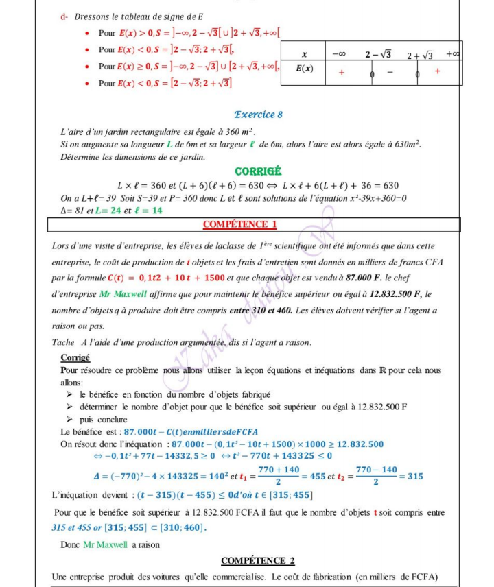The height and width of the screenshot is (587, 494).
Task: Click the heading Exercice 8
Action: (x=258, y=115)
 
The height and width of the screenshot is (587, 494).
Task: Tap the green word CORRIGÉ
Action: (x=259, y=171)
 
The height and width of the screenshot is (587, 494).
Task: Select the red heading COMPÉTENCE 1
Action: (x=239, y=224)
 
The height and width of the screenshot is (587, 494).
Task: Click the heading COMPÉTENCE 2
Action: (x=258, y=560)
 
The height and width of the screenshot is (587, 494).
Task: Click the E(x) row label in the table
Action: (x=304, y=69)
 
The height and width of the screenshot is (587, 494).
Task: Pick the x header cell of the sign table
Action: (x=304, y=53)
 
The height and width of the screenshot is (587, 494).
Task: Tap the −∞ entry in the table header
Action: (x=338, y=53)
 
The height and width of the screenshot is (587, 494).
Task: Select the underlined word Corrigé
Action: (x=75, y=357)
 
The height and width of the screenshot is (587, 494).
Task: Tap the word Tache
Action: (x=63, y=342)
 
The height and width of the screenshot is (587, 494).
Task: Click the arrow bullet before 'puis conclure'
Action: (x=69, y=419)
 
